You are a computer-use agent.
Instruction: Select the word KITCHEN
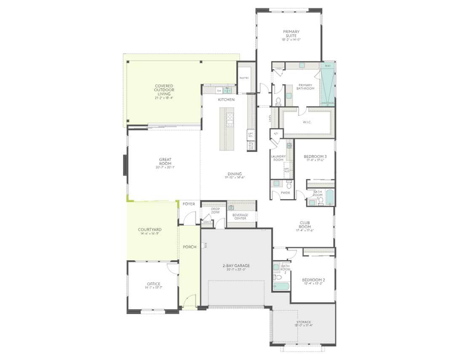pyautogui.click(x=226, y=100)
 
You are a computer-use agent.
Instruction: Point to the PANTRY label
pyautogui.click(x=244, y=78)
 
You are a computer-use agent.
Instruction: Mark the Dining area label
pyautogui.click(x=235, y=175)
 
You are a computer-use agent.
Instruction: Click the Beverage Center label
pyautogui.click(x=240, y=216)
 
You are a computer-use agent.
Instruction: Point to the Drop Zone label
pyautogui.click(x=216, y=211)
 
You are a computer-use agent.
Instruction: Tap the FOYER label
pyautogui.click(x=189, y=204)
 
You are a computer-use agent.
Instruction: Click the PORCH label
pyautogui.click(x=189, y=247)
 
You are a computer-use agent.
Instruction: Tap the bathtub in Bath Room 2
pyautogui.click(x=280, y=286)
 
